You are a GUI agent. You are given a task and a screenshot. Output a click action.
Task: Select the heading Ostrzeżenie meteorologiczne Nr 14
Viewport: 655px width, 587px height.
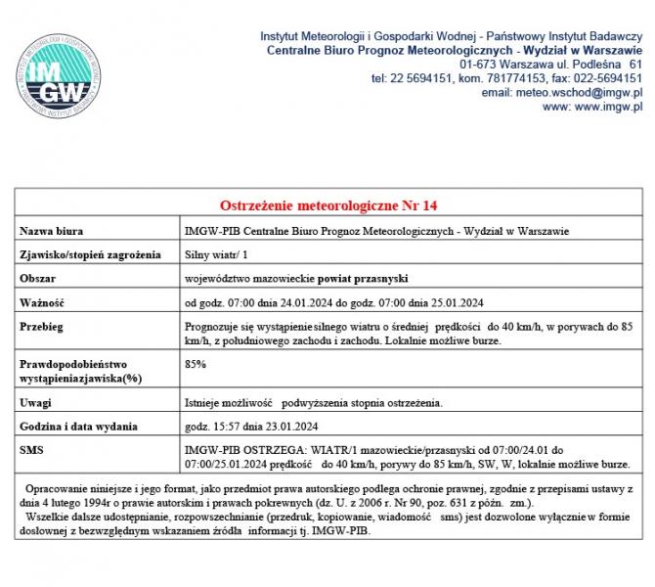327,205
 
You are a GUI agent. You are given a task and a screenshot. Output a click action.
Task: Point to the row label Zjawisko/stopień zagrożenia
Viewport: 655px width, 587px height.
90,255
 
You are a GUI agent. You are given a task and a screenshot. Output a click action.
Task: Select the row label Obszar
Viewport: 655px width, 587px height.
40,279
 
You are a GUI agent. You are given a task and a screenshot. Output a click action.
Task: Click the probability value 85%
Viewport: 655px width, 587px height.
195,364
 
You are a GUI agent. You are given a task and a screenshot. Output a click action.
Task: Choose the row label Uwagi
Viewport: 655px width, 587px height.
37,402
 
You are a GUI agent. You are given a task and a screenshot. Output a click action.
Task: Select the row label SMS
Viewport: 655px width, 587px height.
32,449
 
